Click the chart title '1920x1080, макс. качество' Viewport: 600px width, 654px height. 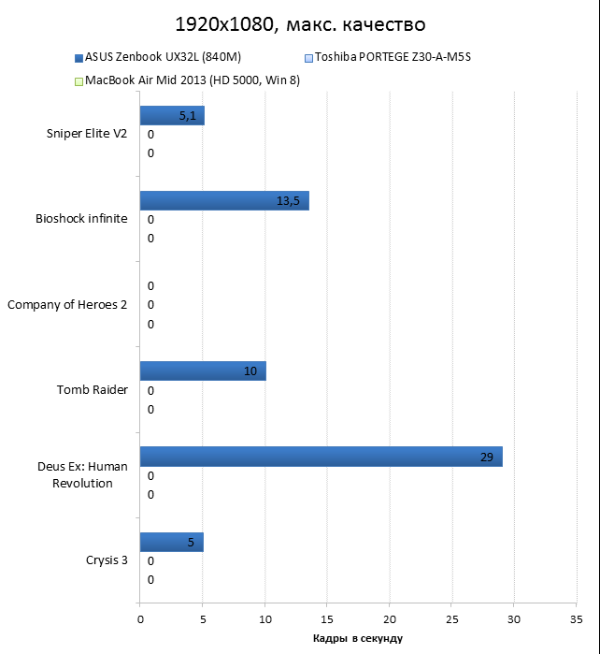tap(299, 22)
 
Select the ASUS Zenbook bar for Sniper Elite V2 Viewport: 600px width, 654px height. tap(172, 116)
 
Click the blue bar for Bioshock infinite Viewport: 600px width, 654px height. tap(224, 201)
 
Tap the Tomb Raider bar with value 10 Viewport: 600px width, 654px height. tap(203, 371)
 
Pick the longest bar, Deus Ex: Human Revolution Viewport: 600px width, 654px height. tap(321, 457)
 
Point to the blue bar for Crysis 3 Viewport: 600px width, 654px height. tap(171, 543)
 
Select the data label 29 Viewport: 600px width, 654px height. tap(487, 457)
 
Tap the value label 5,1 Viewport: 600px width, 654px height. tap(187, 116)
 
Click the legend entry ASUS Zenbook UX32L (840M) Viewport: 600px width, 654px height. tap(162, 57)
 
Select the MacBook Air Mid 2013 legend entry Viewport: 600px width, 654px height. tap(192, 81)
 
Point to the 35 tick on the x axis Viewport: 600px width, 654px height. tap(577, 618)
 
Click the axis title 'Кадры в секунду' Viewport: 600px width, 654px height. tap(358, 638)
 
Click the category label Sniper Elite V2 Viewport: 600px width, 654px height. tap(87, 134)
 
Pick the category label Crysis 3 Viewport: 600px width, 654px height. tap(106, 560)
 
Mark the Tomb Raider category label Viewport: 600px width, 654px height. tap(92, 390)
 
